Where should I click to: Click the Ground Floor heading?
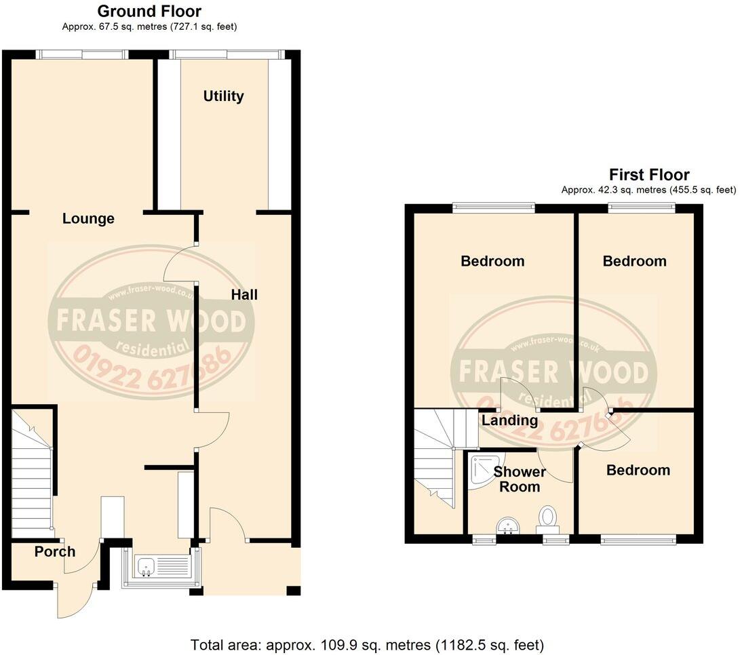click(x=149, y=12)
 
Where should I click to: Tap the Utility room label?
click(x=223, y=96)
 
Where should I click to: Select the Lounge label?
click(x=88, y=219)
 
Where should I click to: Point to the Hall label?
click(x=244, y=295)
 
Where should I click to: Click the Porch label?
click(x=55, y=552)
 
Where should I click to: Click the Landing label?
click(x=509, y=420)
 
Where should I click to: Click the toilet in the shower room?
click(x=547, y=517)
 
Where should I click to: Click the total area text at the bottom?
click(x=367, y=644)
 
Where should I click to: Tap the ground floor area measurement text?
click(x=149, y=26)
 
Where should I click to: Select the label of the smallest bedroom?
click(x=638, y=471)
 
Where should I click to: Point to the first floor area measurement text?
click(x=648, y=191)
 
